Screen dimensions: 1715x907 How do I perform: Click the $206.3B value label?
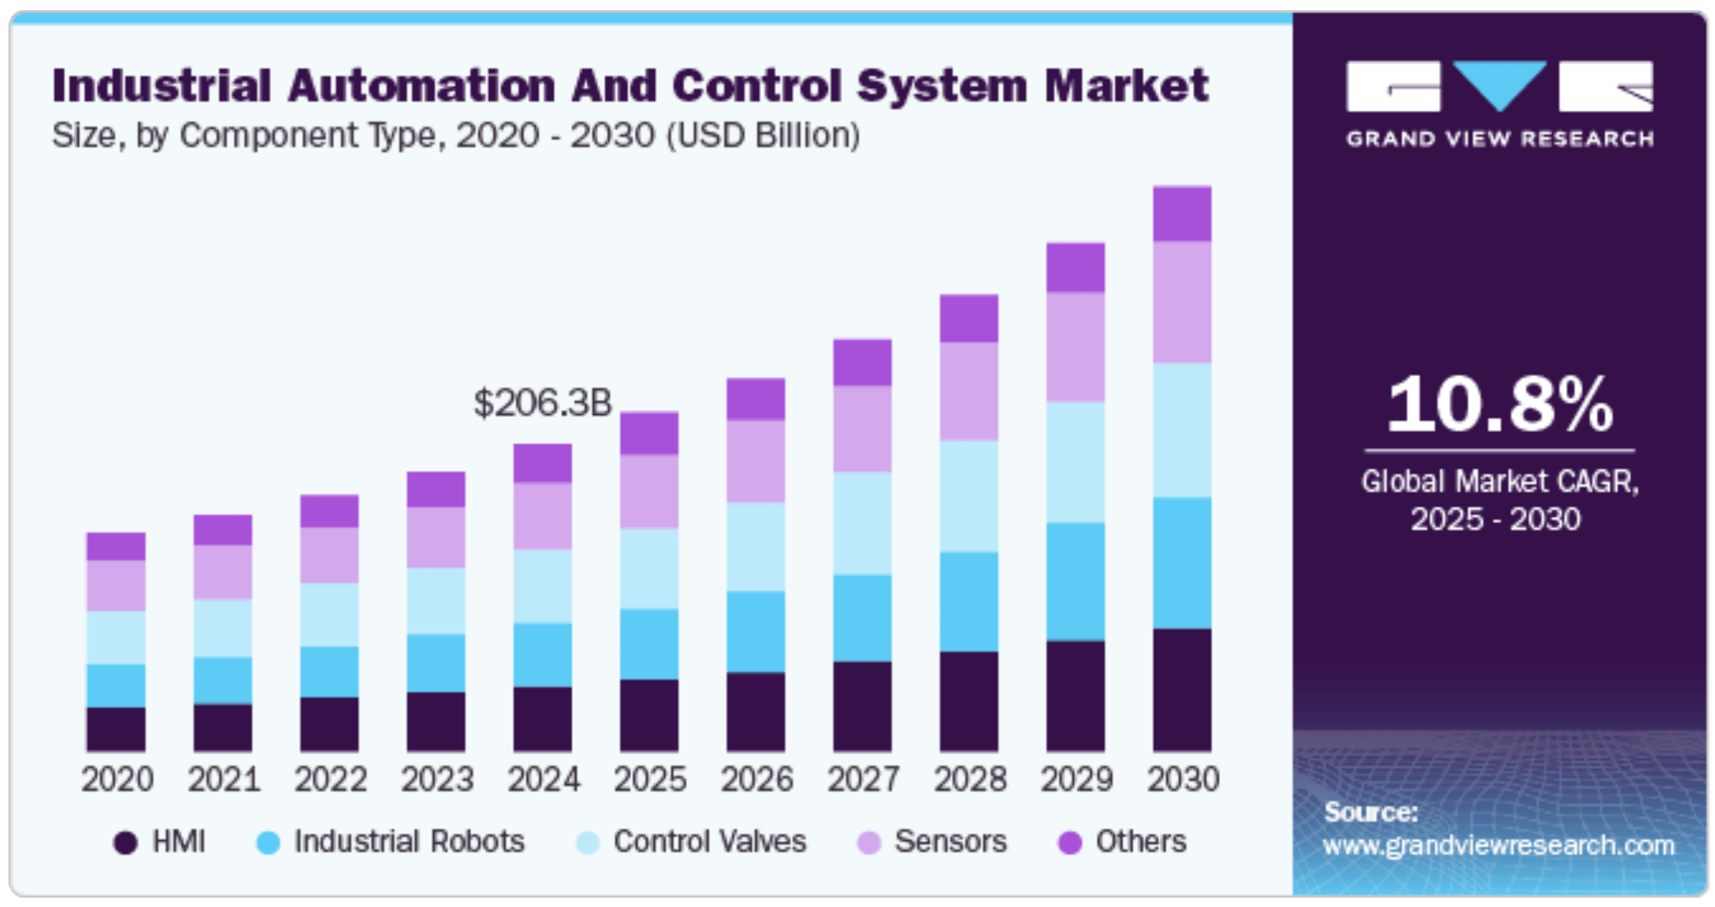(x=542, y=403)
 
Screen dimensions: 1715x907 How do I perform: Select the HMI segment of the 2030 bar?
(x=1182, y=689)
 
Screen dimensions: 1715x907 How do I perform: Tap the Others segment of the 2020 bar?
(x=116, y=546)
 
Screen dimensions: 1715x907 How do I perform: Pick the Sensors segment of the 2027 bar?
(x=863, y=429)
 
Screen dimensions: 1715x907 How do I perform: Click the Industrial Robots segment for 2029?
(x=1075, y=581)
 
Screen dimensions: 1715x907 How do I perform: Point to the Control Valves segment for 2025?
(x=649, y=568)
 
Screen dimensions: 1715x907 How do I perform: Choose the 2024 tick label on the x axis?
(x=543, y=779)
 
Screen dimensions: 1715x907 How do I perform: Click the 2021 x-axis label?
(x=224, y=779)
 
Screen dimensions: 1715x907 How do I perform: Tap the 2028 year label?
(x=969, y=779)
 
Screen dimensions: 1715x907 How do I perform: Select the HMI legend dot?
(x=125, y=843)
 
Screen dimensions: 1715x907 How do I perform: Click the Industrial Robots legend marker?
(x=268, y=843)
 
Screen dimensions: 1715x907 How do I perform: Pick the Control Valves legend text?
(x=709, y=841)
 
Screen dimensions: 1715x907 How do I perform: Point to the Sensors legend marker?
(x=869, y=843)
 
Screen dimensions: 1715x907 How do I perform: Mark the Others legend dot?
(x=1070, y=843)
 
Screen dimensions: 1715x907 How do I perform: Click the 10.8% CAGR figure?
(x=1499, y=404)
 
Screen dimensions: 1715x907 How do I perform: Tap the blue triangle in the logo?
(x=1500, y=85)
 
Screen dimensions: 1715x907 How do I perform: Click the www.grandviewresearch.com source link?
(x=1498, y=845)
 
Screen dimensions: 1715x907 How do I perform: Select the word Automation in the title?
(x=421, y=86)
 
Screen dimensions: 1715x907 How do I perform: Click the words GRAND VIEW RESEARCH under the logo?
(x=1500, y=139)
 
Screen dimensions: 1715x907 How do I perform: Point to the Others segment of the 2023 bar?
(x=436, y=489)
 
